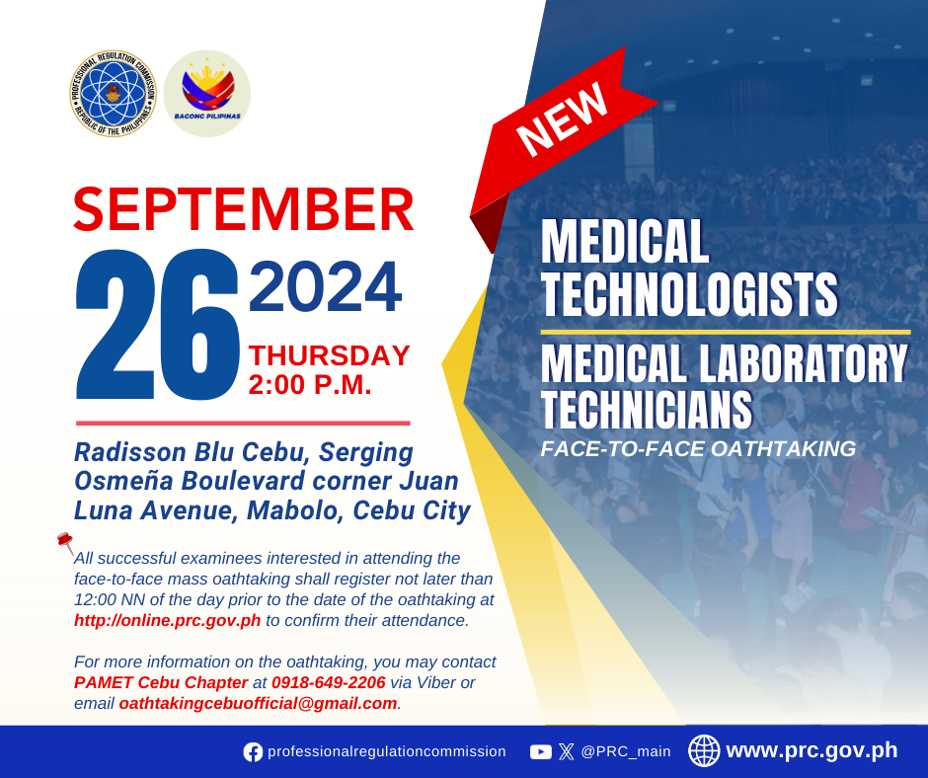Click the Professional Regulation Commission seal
pyautogui.click(x=113, y=94)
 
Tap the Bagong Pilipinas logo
pyautogui.click(x=207, y=94)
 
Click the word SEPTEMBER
pyautogui.click(x=243, y=209)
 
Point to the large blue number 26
pyautogui.click(x=157, y=325)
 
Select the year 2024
pyautogui.click(x=325, y=286)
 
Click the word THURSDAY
pyautogui.click(x=329, y=355)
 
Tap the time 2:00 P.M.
pyautogui.click(x=310, y=385)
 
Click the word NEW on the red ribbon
pyautogui.click(x=562, y=119)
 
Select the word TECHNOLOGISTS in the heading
pyautogui.click(x=689, y=295)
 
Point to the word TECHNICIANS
pyautogui.click(x=647, y=409)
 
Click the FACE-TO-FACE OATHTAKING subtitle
pyautogui.click(x=698, y=449)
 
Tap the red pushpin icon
pyautogui.click(x=65, y=542)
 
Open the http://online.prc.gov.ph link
pyautogui.click(x=168, y=620)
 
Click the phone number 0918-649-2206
pyautogui.click(x=329, y=682)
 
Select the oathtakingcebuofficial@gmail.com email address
pyautogui.click(x=258, y=703)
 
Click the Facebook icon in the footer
pyautogui.click(x=254, y=752)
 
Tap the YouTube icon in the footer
pyautogui.click(x=541, y=752)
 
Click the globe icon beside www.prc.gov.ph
pyautogui.click(x=704, y=750)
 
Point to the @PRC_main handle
pyautogui.click(x=626, y=752)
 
